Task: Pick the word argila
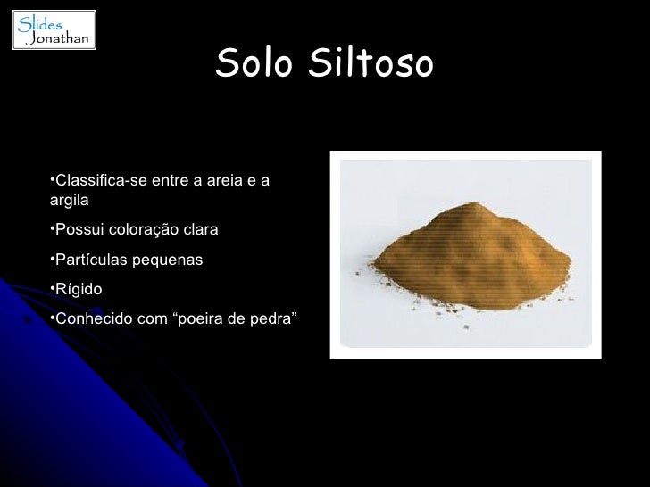click(x=70, y=201)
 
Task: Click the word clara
click(x=200, y=230)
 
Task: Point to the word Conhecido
click(x=93, y=318)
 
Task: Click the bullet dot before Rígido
click(x=53, y=288)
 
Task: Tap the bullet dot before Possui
click(x=53, y=229)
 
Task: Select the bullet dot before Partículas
click(x=53, y=259)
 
